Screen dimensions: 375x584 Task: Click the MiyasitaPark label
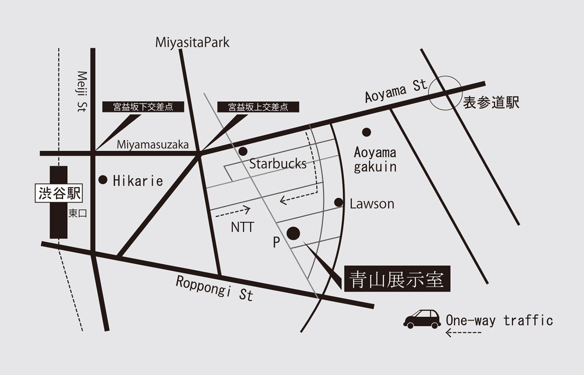[x=192, y=42]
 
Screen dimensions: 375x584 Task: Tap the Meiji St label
[x=82, y=91]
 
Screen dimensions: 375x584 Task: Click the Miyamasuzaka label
[x=153, y=145]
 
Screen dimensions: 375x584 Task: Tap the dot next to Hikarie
[x=103, y=180]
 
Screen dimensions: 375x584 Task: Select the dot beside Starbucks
[x=243, y=151]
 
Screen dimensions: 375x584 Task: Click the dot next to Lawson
[x=339, y=203]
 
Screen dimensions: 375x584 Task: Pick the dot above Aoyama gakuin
[x=366, y=132]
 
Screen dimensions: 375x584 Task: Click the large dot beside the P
[x=293, y=233]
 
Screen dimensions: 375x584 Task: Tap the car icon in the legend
[x=422, y=319]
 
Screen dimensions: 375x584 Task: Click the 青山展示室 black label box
[x=397, y=279]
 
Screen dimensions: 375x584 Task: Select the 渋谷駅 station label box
[x=59, y=194]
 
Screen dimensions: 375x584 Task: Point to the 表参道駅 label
[x=491, y=102]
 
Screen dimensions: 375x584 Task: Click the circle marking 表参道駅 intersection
[x=445, y=93]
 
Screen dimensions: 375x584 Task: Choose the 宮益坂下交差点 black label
[x=143, y=107]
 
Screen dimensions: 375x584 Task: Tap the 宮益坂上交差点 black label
[x=258, y=107]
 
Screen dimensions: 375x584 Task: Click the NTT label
[x=242, y=227]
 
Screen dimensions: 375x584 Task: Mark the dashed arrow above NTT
[x=233, y=212]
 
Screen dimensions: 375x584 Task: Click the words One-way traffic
[x=499, y=320]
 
